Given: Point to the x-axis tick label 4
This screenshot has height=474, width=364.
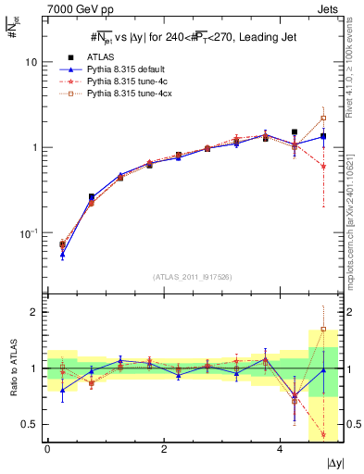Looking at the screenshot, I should pos(280,450).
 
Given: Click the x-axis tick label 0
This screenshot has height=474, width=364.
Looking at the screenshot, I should pos(47,450).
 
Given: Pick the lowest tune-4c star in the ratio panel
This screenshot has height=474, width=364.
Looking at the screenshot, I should pos(323,434).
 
